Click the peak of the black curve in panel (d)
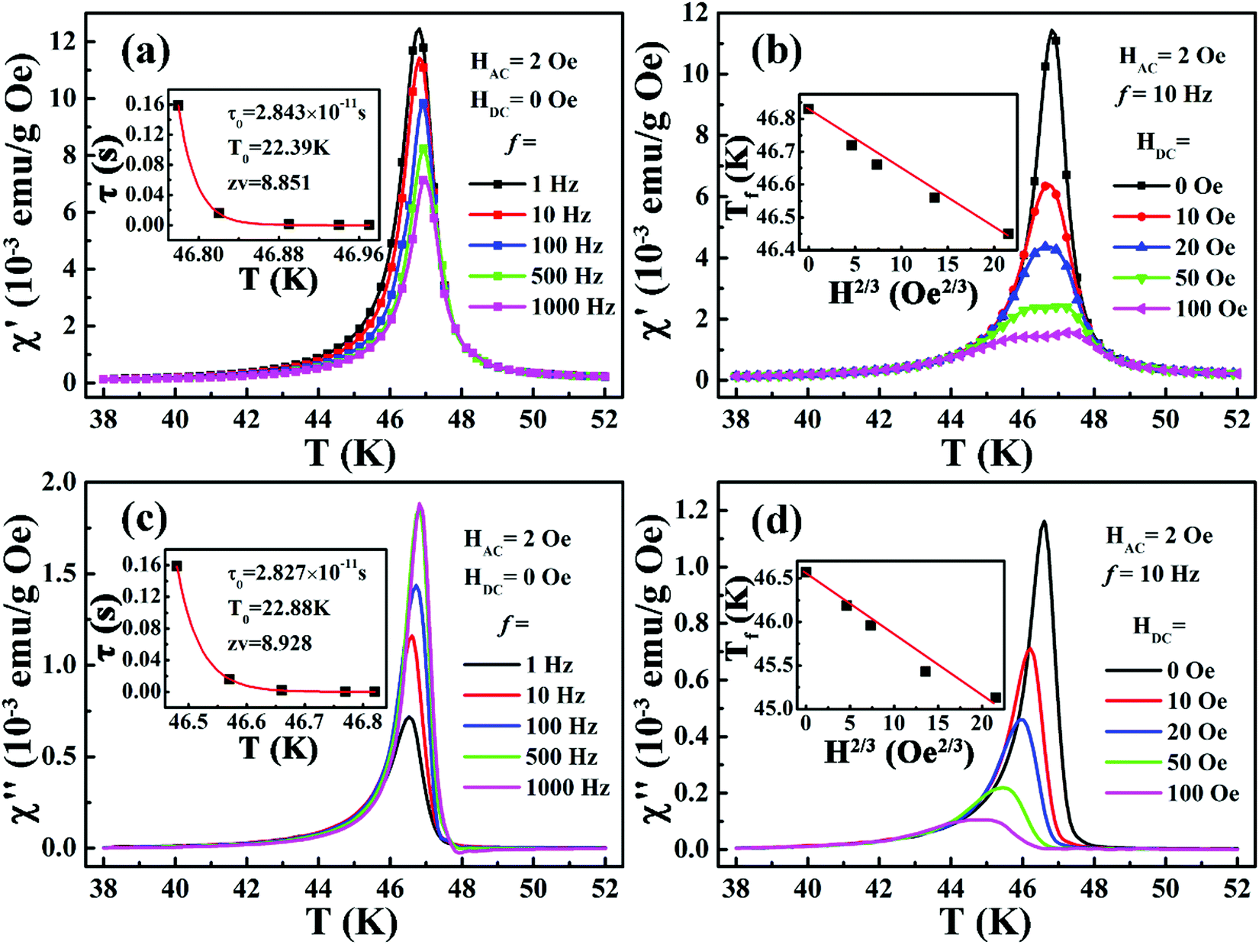point(1043,522)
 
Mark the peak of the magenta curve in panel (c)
point(420,505)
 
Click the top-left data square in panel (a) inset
point(178,106)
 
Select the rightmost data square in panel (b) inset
point(1008,234)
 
